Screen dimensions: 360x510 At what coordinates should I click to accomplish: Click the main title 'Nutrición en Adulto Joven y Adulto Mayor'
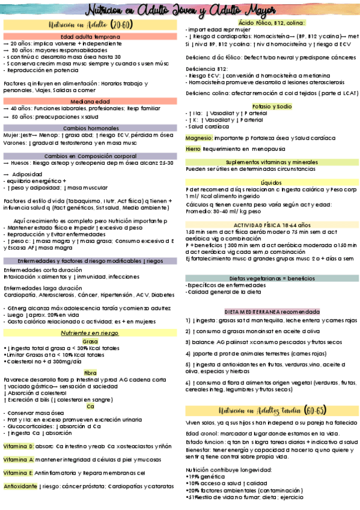point(180,10)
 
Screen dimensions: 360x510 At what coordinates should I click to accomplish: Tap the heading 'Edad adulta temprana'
point(90,37)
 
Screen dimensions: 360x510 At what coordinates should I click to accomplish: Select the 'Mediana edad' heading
point(90,100)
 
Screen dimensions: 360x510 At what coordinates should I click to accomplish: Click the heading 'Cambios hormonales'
point(90,128)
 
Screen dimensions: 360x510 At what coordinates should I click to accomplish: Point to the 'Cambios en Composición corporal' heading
point(90,156)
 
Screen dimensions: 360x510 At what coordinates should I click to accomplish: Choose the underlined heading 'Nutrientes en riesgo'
point(90,333)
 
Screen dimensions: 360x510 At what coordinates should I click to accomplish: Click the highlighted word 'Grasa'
point(90,341)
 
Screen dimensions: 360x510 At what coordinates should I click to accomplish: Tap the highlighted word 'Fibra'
point(90,373)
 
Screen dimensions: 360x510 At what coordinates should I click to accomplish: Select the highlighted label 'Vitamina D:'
point(19,447)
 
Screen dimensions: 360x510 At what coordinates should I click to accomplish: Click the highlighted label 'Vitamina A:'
point(19,459)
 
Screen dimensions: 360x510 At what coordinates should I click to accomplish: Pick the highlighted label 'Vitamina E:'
point(19,472)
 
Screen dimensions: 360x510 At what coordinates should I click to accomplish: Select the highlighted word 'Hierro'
point(193,149)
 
